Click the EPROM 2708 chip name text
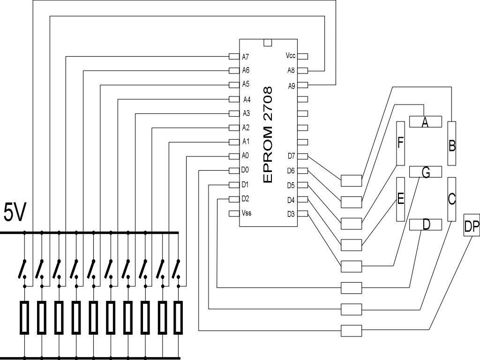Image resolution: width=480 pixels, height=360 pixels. tap(268, 135)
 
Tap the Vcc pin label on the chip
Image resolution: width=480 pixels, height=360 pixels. tap(291, 56)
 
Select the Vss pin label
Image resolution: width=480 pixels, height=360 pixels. tap(247, 213)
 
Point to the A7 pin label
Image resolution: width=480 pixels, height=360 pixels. tap(246, 57)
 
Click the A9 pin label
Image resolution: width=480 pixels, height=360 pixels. tap(292, 86)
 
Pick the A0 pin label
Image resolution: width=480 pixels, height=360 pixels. tap(245, 156)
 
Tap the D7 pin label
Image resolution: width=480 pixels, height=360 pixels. tap(291, 156)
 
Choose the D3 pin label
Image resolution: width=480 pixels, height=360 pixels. tap(291, 214)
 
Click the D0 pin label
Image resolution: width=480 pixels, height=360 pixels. tap(245, 170)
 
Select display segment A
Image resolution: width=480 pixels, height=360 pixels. tap(426, 122)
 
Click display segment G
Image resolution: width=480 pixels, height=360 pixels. tap(426, 172)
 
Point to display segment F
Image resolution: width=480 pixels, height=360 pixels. tap(400, 143)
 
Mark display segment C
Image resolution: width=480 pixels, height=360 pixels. tap(451, 199)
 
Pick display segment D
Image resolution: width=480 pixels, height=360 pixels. tap(426, 225)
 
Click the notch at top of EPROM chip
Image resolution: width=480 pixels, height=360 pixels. tap(268, 43)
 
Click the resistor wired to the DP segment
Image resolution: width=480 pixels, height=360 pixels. tap(352, 331)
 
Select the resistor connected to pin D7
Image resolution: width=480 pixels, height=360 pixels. tap(352, 180)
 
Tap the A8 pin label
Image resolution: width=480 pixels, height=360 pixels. tap(291, 70)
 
